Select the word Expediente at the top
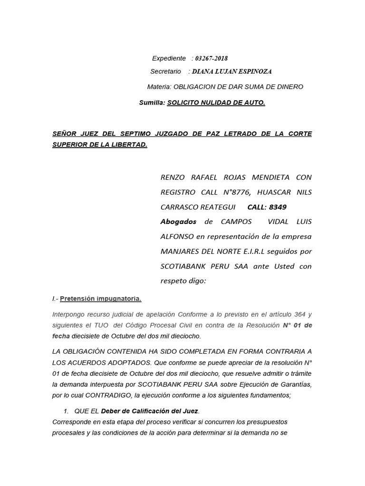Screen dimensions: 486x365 pos(169,58)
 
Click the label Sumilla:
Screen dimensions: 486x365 pos(152,102)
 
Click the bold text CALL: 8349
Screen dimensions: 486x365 pos(267,207)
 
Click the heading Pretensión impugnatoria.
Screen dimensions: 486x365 pos(100,299)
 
